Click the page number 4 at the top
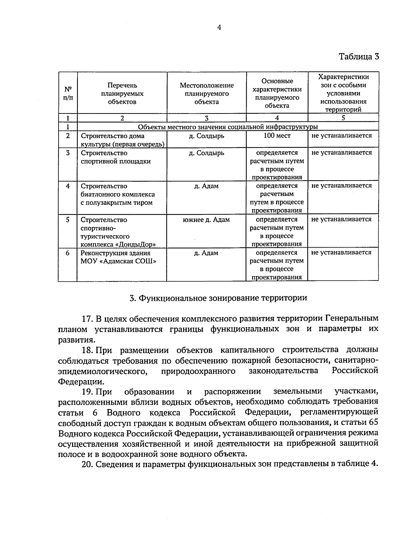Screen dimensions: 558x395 point(219,28)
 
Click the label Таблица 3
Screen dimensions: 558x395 point(359,56)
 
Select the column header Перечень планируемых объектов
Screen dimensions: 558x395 point(122,94)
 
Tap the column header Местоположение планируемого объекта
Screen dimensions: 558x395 point(206,94)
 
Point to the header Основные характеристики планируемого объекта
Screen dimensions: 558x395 point(277,93)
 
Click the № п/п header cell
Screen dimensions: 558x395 point(68,94)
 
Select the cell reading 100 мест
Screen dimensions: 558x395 point(277,135)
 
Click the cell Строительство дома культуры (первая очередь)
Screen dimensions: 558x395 point(122,140)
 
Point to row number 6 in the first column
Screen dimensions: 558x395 point(68,253)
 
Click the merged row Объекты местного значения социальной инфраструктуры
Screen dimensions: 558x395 point(228,127)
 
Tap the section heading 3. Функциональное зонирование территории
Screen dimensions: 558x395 point(218,298)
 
